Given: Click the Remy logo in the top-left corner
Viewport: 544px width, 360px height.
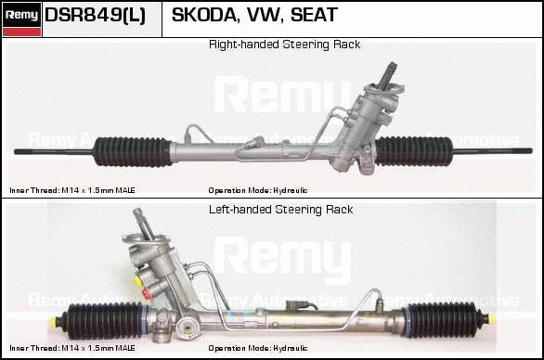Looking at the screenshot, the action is tap(22, 19).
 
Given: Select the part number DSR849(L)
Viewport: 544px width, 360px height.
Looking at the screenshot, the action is tap(95, 15).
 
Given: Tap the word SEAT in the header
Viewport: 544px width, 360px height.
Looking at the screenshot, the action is tap(314, 15).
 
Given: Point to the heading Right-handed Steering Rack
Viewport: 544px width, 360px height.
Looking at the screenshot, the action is tap(284, 45).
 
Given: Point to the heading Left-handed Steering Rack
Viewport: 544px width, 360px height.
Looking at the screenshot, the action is tap(280, 210).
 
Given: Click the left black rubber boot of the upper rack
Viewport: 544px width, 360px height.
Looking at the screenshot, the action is tap(133, 151).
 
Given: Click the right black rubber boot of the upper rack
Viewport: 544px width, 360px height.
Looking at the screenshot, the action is tap(414, 151).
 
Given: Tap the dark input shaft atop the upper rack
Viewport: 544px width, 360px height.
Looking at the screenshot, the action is tap(387, 74).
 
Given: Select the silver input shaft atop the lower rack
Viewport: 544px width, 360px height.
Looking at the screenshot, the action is tap(144, 224).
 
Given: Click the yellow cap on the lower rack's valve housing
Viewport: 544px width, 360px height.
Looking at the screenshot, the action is tap(137, 280).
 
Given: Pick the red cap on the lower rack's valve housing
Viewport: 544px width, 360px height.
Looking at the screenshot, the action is tap(147, 294).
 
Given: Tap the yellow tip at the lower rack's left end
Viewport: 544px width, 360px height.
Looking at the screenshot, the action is tap(53, 320).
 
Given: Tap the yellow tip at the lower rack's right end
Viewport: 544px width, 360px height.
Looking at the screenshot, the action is tap(490, 319).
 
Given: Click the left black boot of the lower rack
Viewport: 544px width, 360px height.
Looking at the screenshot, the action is tap(104, 320).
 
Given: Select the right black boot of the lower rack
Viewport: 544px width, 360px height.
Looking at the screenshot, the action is tap(444, 319).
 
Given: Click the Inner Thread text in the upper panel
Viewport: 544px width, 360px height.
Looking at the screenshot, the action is tap(72, 190).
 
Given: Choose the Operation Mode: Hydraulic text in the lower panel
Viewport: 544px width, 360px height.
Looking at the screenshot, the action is tap(258, 348).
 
